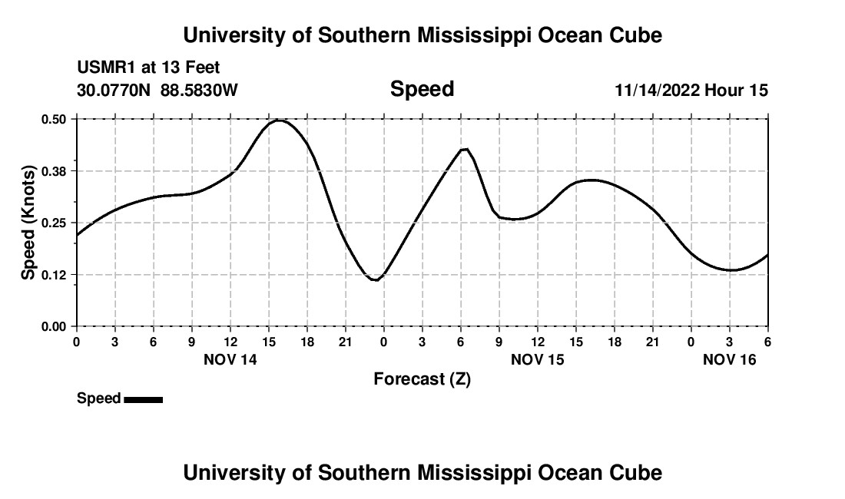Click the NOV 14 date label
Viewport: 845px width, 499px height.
(230, 359)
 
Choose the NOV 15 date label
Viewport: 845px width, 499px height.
(538, 359)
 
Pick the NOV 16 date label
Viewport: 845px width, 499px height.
(730, 359)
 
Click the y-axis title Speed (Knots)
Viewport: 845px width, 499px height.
(28, 223)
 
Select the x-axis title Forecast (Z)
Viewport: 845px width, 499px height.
(422, 379)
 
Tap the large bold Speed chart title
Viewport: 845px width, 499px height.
(422, 89)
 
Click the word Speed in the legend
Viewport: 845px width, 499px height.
(98, 398)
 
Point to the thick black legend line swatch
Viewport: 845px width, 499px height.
(143, 399)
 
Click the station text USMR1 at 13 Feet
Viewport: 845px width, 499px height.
(148, 68)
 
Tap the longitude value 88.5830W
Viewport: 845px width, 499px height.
(199, 91)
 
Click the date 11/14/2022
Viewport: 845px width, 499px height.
(657, 91)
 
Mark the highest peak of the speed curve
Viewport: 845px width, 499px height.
(279, 121)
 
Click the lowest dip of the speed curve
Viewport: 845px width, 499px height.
(375, 280)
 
